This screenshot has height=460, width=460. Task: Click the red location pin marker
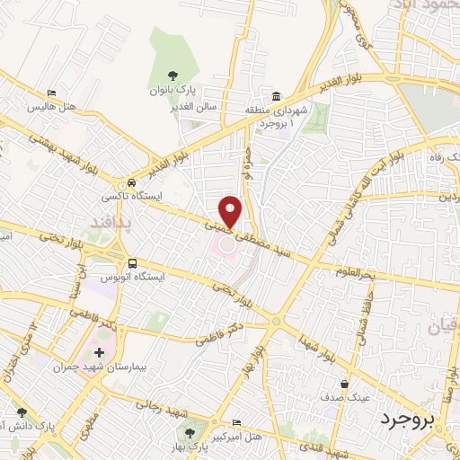[x=231, y=212]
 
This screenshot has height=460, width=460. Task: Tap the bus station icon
[x=133, y=264]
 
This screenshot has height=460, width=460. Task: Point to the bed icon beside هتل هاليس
[x=52, y=94]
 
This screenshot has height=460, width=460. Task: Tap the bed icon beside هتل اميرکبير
[x=236, y=423]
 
